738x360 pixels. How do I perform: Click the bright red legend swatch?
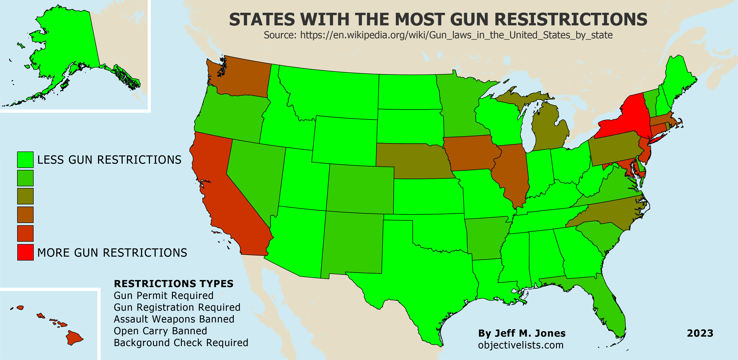point(25,252)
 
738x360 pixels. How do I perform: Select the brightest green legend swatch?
point(25,160)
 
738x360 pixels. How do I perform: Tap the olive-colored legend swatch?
point(25,196)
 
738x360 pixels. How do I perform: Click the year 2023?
point(700,333)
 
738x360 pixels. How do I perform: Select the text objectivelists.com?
point(521,345)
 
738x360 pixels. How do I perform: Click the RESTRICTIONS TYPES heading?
point(174,284)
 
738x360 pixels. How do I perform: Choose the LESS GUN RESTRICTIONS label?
point(109,160)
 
